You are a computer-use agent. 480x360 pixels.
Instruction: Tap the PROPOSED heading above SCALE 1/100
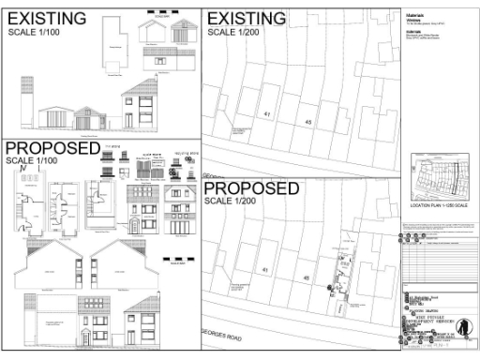[x=51, y=150]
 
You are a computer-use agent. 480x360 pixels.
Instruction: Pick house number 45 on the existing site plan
[x=308, y=123]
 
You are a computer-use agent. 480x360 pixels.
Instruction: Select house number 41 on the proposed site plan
[x=265, y=270]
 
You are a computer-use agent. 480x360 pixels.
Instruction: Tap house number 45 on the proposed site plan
[x=307, y=278]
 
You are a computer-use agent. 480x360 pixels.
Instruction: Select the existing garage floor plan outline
[x=113, y=52]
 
